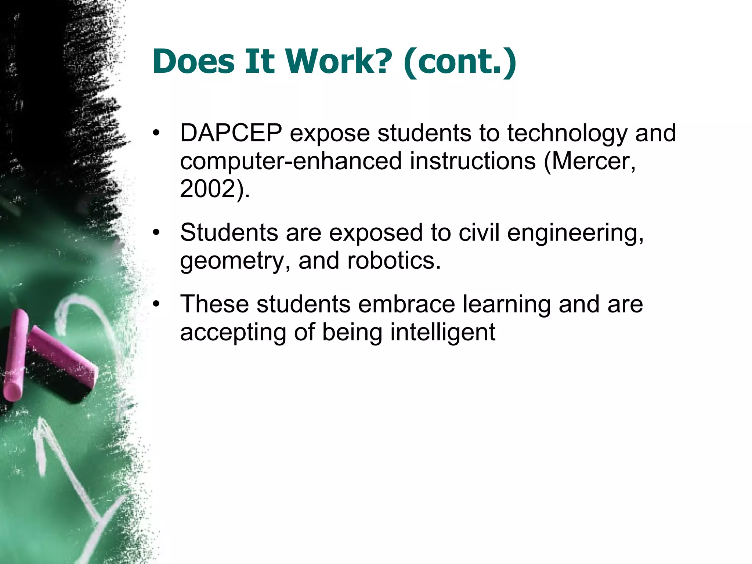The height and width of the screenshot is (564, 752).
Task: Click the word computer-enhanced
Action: (291, 161)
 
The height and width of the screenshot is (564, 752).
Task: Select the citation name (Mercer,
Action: (589, 161)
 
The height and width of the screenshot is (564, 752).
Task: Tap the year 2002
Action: (208, 189)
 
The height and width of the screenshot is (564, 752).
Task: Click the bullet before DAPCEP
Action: (157, 133)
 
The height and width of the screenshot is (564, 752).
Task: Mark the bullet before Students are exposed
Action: (157, 233)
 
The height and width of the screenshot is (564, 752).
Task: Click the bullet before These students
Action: (157, 304)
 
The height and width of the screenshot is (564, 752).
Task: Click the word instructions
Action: (473, 161)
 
